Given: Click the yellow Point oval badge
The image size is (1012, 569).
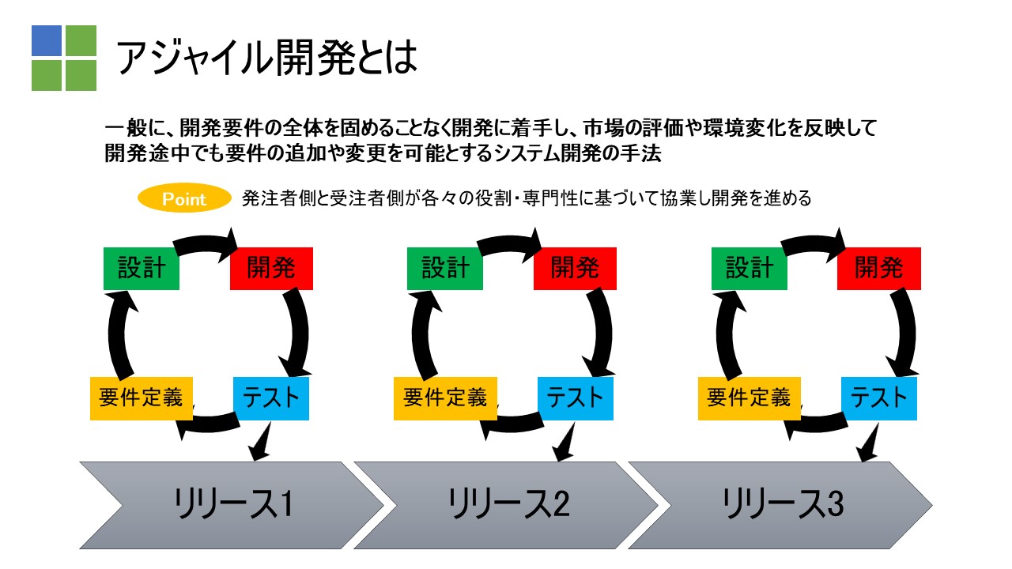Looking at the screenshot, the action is pos(184,198).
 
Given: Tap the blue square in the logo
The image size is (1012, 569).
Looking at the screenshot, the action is pos(47,40).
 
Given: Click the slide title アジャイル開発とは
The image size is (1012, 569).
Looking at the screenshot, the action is pos(266,58).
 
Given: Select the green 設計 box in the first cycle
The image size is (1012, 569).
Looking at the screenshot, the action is pos(142,269).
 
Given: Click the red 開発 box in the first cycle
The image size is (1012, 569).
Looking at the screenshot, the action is pos(271,269).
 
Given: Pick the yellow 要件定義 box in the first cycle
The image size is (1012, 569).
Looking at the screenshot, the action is pos(142,399).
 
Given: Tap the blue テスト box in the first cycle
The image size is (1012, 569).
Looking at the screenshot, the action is pos(271,399).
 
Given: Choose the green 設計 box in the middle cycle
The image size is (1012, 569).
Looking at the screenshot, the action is pos(445,269).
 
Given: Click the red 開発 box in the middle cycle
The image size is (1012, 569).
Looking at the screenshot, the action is pos(575,269).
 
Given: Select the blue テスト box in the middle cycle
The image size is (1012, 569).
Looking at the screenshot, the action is pos(576,399).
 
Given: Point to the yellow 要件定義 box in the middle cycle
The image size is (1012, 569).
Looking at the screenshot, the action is pos(445,399).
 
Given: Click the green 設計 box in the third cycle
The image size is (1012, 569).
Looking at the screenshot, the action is pos(750,269).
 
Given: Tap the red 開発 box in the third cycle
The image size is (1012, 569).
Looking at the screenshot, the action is pos(879,269).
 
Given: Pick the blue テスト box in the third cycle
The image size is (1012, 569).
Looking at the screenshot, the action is pos(879,399).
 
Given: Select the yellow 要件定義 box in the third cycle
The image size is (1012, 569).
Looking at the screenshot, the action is pos(750,399).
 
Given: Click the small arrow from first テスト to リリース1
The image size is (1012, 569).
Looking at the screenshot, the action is pos(261,443).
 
